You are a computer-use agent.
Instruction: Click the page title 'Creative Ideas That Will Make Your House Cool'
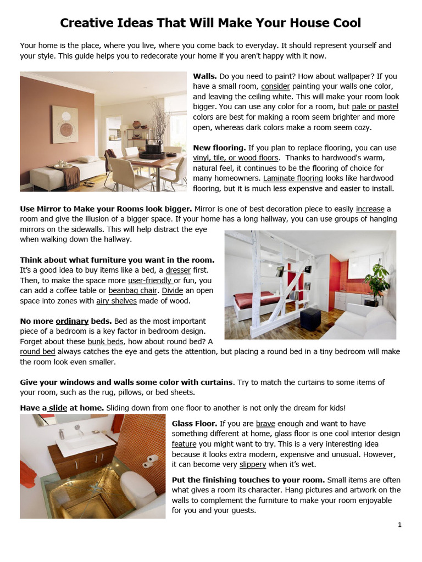pos(210,23)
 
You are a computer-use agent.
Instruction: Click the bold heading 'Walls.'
pos(205,76)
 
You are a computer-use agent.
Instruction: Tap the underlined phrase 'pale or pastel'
pos(375,107)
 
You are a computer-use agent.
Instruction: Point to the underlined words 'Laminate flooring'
pos(293,178)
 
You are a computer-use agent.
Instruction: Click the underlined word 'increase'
pos(370,209)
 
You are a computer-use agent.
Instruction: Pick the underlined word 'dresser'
pos(178,271)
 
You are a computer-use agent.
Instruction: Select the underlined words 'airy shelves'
pos(116,301)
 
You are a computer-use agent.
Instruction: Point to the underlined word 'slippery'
pos(253,464)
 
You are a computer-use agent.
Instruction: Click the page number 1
pos(399,525)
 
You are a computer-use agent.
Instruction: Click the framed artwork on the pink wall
pos(65,125)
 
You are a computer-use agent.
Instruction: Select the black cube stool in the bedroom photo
pos(310,319)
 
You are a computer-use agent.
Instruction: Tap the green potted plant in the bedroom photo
pos(377,280)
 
